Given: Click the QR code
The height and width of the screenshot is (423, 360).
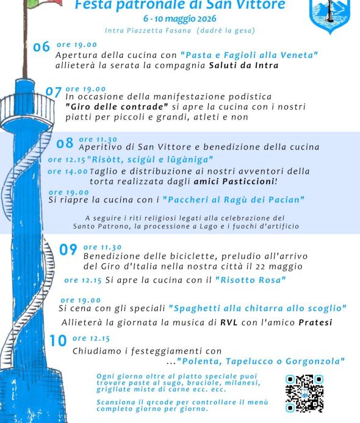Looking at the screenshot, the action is click(x=304, y=394).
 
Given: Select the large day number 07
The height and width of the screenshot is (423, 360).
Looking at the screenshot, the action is click(x=54, y=93).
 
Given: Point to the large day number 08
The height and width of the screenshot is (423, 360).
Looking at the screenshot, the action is click(x=65, y=144).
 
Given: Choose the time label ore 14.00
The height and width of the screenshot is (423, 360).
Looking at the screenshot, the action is click(x=67, y=171).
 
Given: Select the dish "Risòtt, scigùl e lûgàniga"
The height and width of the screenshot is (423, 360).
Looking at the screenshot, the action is click(x=150, y=160).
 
